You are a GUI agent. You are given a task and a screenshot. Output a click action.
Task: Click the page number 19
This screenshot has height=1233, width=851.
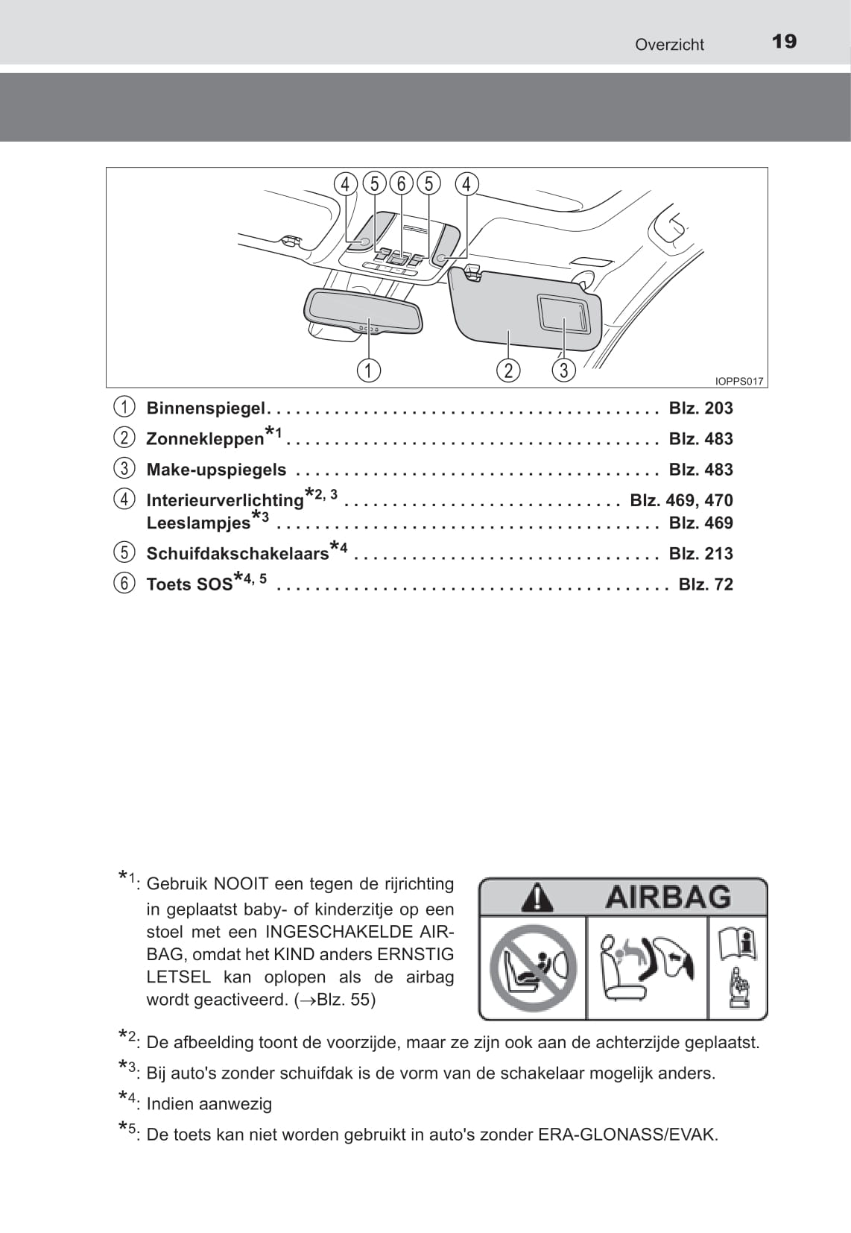[784, 41]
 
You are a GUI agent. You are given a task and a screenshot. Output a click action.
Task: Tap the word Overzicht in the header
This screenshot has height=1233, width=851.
[668, 45]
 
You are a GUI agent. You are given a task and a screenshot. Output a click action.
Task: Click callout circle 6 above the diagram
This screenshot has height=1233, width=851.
[401, 183]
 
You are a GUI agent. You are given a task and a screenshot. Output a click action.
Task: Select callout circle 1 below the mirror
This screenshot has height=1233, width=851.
[368, 370]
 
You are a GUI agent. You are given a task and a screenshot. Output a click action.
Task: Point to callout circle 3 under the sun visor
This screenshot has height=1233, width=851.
[563, 370]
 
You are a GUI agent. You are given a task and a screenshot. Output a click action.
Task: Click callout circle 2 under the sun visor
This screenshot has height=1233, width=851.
[508, 370]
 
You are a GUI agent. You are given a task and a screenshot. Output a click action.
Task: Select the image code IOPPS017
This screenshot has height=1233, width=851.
[738, 381]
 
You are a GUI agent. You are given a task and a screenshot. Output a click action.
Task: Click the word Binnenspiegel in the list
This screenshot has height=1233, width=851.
[206, 409]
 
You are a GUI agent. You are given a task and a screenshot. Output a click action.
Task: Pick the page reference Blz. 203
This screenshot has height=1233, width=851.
[700, 409]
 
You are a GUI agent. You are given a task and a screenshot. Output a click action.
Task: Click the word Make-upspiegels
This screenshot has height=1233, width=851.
[216, 470]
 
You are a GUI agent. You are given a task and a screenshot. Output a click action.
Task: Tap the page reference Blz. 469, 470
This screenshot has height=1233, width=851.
[681, 500]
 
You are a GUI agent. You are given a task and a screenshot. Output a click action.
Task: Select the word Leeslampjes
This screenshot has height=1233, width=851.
[198, 523]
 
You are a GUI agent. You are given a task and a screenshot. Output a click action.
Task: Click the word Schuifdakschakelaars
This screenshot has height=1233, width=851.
[237, 554]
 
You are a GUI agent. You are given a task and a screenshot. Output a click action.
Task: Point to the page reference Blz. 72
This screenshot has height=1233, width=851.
[705, 584]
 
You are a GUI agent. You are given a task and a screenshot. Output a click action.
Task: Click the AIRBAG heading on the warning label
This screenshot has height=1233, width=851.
[668, 897]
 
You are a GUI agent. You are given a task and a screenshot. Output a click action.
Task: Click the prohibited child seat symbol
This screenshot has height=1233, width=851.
[533, 968]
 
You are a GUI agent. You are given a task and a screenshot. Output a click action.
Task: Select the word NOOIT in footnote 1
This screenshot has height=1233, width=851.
[241, 884]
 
